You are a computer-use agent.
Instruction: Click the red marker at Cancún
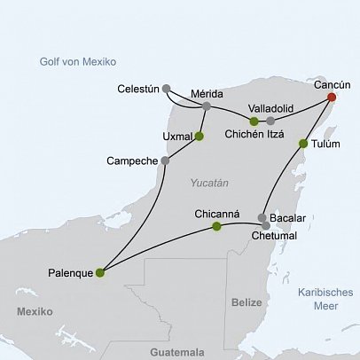332,98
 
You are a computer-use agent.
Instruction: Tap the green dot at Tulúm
304,143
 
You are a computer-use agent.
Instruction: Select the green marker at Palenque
99,272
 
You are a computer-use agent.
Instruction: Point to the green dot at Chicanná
216,227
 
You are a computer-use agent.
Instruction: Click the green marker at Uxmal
199,136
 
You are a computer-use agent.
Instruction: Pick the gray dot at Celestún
167,89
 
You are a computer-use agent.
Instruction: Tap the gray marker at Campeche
165,160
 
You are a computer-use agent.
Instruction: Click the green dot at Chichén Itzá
254,121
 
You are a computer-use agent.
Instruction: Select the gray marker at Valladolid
270,121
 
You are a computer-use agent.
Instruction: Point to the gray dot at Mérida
207,106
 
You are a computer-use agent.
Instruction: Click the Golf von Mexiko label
78,61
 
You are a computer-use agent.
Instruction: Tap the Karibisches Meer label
325,298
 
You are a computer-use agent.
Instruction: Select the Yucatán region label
209,183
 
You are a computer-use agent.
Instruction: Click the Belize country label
247,302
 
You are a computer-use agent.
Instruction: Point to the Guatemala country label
177,350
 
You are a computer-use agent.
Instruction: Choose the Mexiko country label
34,311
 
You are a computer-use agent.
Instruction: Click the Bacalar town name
293,217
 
